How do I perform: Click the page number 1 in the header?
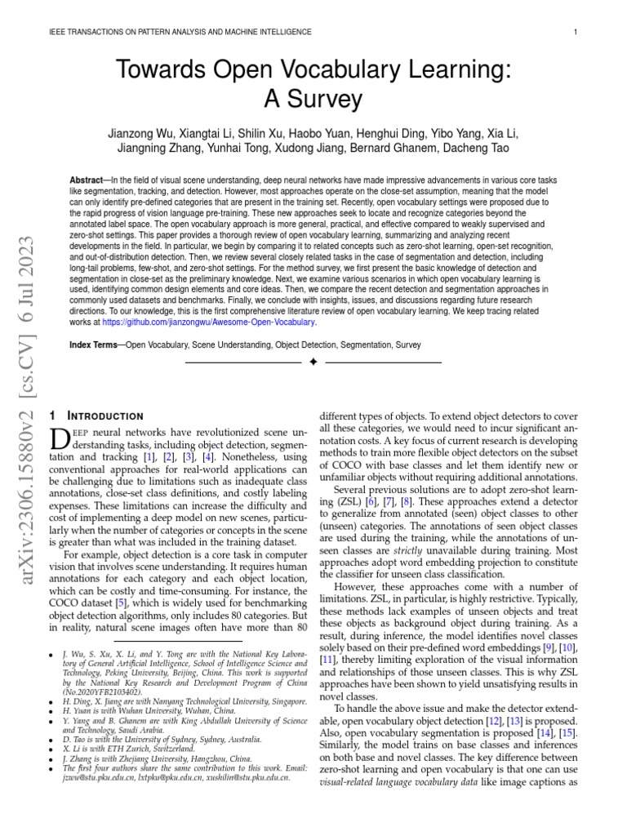[x=576, y=32]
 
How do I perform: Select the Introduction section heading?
[x=106, y=416]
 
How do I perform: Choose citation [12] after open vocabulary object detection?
[x=496, y=723]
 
